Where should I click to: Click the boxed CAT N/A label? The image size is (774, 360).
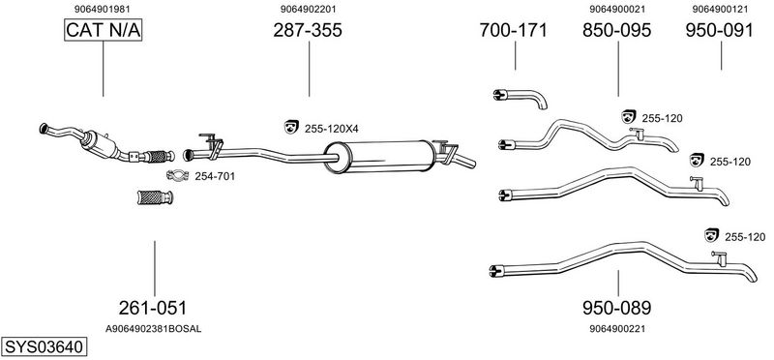point(104,30)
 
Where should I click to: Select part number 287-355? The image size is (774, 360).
point(308,31)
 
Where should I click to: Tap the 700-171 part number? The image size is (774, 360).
point(514,31)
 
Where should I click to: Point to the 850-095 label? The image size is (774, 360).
point(616,31)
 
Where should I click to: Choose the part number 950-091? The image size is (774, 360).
point(719,31)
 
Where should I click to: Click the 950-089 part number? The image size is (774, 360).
point(616,308)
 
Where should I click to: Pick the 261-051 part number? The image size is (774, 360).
point(153,308)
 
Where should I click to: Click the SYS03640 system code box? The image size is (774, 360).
point(44,346)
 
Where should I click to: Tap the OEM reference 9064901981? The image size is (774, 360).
point(103,9)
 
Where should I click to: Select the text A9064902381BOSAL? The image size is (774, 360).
point(154,329)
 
